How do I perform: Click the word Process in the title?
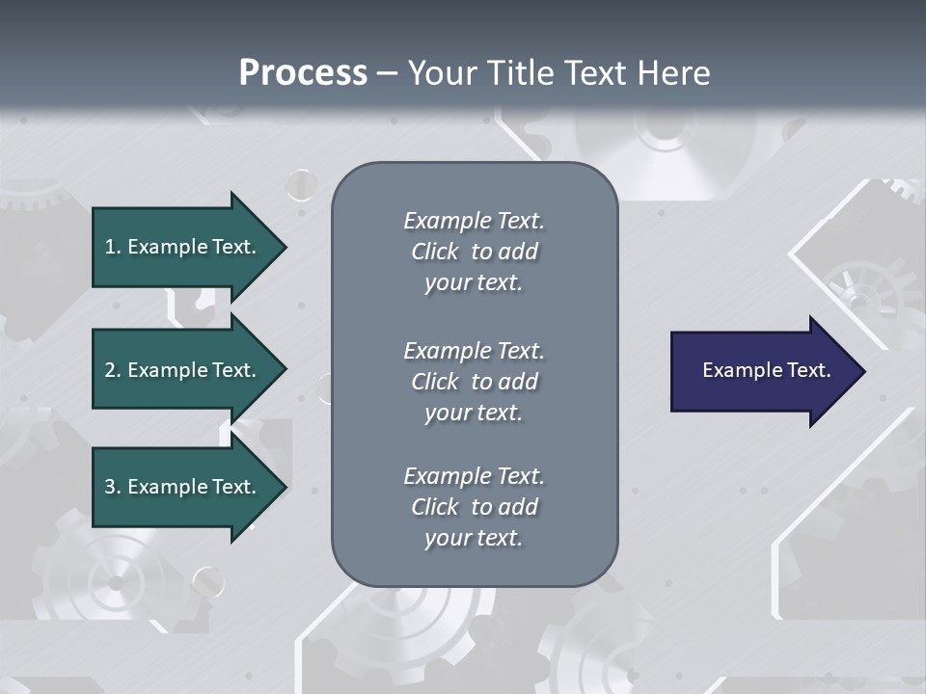pyautogui.click(x=303, y=73)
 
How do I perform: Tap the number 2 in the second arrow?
pyautogui.click(x=110, y=370)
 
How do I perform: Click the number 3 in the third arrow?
pyautogui.click(x=110, y=487)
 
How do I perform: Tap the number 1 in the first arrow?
pyautogui.click(x=109, y=247)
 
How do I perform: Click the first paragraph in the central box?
pyautogui.click(x=474, y=252)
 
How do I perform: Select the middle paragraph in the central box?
pyautogui.click(x=474, y=382)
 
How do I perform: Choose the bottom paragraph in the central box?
pyautogui.click(x=474, y=507)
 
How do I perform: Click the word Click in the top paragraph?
pyautogui.click(x=435, y=252)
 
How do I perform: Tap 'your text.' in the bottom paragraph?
pyautogui.click(x=474, y=538)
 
